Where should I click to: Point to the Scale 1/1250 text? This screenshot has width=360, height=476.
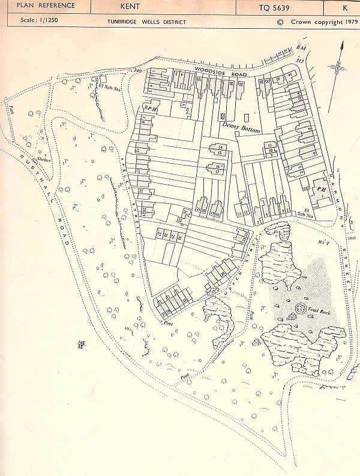point(37,22)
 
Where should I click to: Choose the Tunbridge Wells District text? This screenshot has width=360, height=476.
point(146,22)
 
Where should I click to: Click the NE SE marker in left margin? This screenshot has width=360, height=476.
point(81,345)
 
